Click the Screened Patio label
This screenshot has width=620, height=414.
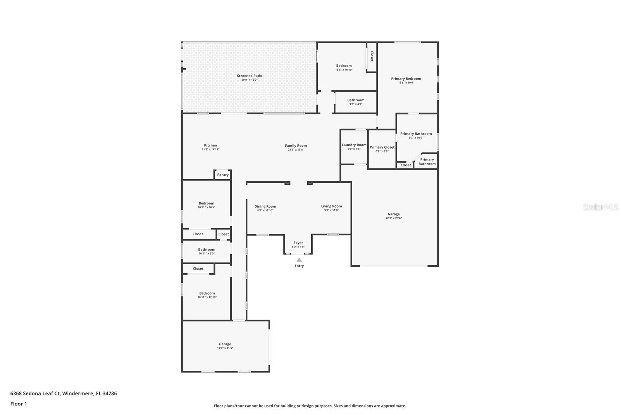[250, 76]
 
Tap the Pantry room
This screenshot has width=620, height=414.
[223, 175]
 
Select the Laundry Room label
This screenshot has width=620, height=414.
[354, 145]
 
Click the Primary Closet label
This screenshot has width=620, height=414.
[382, 147]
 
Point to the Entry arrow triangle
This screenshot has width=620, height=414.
[299, 260]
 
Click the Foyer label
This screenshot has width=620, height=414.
[298, 243]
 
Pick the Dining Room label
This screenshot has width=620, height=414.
[265, 206]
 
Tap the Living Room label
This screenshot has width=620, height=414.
[331, 206]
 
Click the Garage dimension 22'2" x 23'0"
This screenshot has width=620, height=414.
[393, 218]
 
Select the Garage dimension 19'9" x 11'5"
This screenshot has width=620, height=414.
[225, 348]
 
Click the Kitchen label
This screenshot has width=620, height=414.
[210, 145]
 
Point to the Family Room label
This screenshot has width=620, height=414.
[296, 146]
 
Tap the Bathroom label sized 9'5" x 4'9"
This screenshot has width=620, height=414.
[355, 100]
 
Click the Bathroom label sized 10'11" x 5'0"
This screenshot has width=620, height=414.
[207, 249]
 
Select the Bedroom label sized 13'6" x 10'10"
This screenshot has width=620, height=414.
[344, 66]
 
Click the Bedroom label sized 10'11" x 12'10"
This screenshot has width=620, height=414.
[207, 293]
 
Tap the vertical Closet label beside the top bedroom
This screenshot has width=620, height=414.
[372, 57]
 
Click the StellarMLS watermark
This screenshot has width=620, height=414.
[600, 207]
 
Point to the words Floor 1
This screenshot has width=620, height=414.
[19, 404]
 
